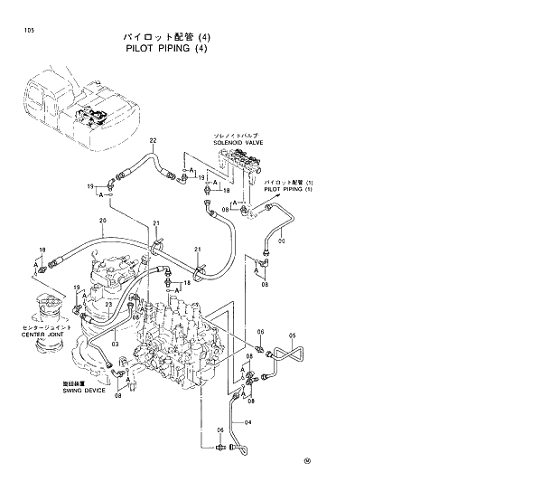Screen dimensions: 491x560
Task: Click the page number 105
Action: [18, 30]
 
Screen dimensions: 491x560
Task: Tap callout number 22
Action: [154, 141]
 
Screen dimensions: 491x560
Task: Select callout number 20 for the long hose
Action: [103, 221]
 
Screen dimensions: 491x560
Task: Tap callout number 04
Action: [248, 421]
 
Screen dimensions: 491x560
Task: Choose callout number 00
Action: [283, 241]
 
